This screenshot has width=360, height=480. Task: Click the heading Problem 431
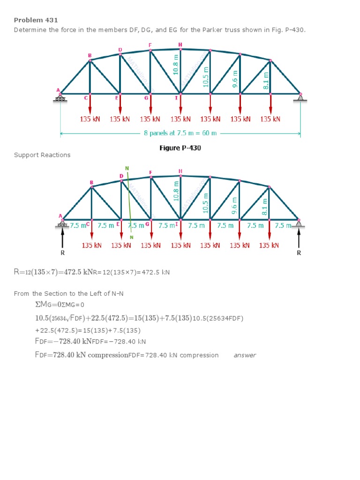pos(36,20)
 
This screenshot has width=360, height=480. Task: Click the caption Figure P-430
pos(180,148)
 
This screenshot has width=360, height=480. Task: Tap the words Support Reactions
pos(42,155)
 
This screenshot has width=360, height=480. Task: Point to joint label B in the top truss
pos(90,55)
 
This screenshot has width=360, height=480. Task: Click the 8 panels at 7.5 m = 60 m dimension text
pos(180,133)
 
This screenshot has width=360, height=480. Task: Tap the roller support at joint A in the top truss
pos(60,98)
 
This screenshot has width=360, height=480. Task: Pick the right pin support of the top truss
pos(300,97)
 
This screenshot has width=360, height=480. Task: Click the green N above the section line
pos(127,168)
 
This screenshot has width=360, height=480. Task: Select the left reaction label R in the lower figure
pos(63,253)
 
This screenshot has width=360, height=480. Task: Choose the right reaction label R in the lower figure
pos(299,253)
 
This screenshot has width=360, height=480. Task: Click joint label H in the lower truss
pos(180,171)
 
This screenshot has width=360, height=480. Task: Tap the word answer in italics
pos(245,355)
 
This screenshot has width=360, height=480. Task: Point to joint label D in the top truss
pos(120,49)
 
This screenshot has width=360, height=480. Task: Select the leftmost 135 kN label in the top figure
pos(90,119)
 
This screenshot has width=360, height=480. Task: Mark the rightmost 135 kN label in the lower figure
pos(269,245)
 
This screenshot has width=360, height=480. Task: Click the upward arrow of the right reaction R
pos(299,238)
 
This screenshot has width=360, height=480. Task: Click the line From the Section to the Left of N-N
pos(68,293)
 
